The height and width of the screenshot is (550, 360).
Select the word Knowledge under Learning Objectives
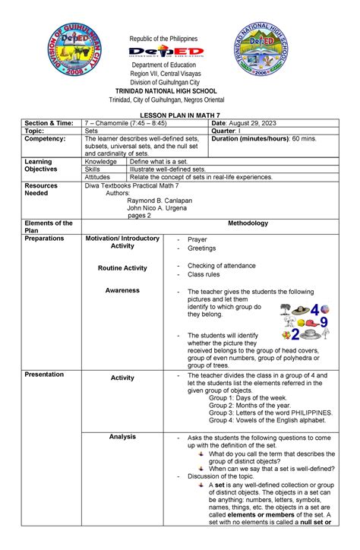tap(101, 162)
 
